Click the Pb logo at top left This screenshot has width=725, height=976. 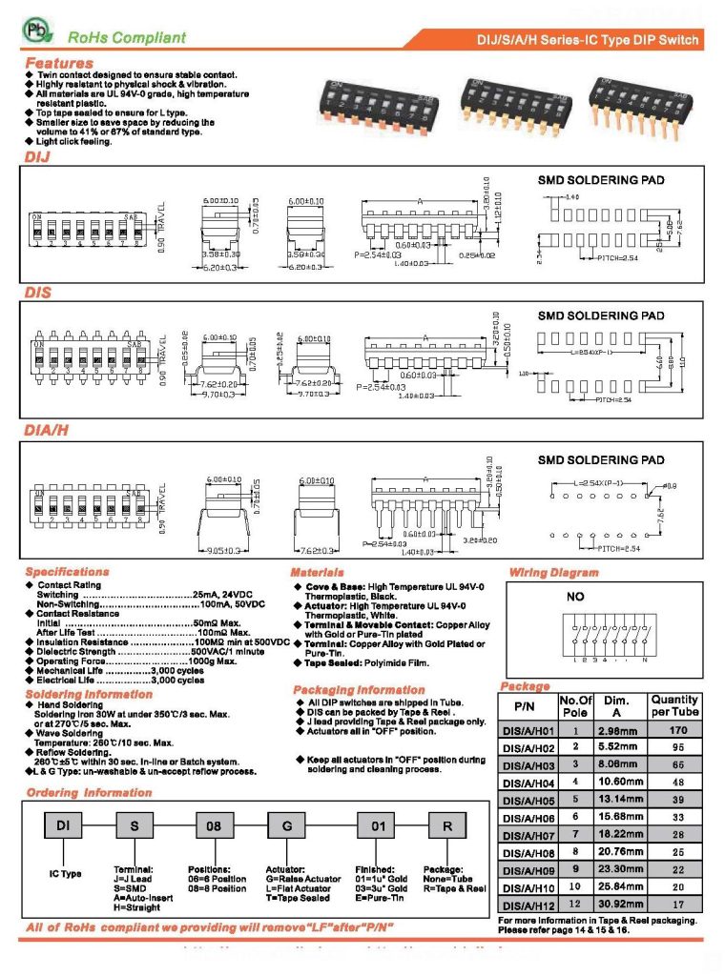[34, 32]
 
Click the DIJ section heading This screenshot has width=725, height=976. [36, 156]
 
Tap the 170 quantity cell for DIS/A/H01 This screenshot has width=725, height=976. [678, 730]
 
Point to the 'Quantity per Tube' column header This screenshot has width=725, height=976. [674, 705]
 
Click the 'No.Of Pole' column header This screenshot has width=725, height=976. [575, 706]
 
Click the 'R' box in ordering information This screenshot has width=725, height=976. [446, 826]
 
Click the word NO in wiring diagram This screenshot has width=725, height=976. [575, 597]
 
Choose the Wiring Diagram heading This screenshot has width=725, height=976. [553, 573]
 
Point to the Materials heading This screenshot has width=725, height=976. [318, 572]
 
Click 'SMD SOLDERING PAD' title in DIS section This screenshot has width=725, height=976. [601, 315]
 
